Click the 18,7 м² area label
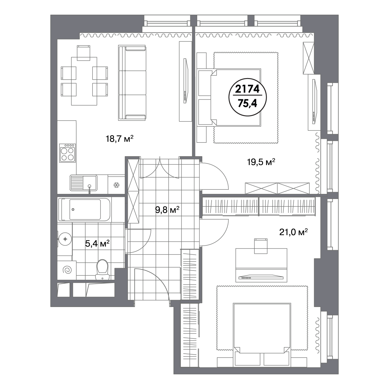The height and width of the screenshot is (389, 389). (119, 139)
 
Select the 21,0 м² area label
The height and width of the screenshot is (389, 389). (293, 232)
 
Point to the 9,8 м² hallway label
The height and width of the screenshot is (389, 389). (167, 210)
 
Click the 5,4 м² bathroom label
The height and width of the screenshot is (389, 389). (97, 244)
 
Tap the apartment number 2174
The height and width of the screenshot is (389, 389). (247, 89)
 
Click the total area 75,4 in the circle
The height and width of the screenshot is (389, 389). (247, 104)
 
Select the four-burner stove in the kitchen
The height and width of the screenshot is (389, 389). (67, 153)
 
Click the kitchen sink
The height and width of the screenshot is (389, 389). (83, 183)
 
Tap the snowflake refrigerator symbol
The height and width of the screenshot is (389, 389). (116, 185)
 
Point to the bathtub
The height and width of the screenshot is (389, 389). (84, 209)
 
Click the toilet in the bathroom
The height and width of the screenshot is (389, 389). (102, 270)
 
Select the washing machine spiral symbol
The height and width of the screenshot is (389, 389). (67, 270)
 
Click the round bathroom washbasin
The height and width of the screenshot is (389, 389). (65, 239)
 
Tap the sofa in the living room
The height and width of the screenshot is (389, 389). (132, 83)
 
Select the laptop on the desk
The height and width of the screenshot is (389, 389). (261, 278)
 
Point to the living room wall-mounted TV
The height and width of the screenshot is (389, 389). (186, 81)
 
